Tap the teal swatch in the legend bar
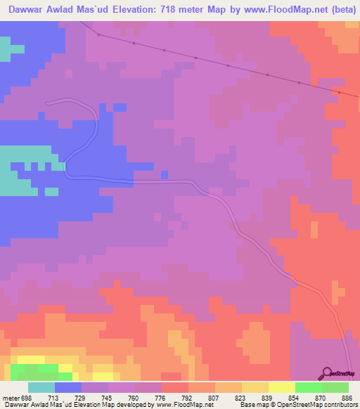pyautogui.click(x=41, y=387)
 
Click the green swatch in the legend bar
pyautogui.click(x=309, y=387)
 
